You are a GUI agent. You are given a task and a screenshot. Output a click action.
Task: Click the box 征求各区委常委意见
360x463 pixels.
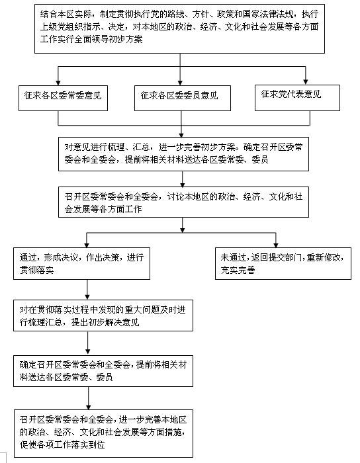click(63, 98)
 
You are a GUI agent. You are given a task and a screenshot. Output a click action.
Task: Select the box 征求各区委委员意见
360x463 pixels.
click(183, 98)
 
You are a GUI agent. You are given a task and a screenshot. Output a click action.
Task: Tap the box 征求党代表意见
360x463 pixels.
click(297, 98)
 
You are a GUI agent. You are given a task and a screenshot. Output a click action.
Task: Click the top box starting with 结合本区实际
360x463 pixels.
click(179, 28)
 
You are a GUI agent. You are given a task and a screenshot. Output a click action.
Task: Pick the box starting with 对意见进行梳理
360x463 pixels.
click(183, 154)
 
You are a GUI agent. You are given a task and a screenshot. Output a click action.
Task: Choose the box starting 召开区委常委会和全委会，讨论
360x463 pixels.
click(183, 202)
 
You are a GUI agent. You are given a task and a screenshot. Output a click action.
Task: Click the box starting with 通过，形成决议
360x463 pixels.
click(81, 263)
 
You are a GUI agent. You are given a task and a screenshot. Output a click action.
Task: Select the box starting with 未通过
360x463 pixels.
click(283, 263)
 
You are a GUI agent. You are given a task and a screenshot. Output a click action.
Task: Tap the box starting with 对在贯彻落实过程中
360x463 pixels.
click(103, 316)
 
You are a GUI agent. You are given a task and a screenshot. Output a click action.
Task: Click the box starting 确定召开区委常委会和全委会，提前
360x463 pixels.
click(103, 371)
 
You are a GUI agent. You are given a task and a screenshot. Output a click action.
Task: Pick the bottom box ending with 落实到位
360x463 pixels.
click(103, 433)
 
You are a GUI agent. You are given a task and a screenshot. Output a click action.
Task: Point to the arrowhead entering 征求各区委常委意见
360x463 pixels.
click(58, 83)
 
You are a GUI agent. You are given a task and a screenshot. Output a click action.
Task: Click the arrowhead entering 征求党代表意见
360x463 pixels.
click(306, 82)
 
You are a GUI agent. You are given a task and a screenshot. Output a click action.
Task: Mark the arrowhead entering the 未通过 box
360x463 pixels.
click(276, 245)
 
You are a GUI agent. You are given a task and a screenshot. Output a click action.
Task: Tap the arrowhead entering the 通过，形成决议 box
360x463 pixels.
click(87, 245)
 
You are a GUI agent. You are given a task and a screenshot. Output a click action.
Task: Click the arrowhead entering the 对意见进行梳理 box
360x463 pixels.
click(181, 134)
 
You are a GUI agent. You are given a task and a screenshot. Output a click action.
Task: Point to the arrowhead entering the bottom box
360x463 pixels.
click(88, 407)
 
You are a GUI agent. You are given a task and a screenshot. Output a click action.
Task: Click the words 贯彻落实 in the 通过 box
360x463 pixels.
click(36, 270)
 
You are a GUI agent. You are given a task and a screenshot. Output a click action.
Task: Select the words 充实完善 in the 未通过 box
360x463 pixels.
click(238, 270)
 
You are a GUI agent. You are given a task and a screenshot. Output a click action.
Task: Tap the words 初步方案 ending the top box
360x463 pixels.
click(126, 39)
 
